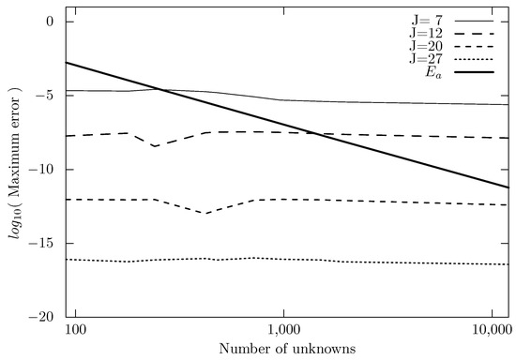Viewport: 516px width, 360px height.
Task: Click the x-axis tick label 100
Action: pyautogui.click(x=76, y=332)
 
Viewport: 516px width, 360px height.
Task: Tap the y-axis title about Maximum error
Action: pyautogui.click(x=12, y=169)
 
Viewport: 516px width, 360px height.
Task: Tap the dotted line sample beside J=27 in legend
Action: pyautogui.click(x=479, y=58)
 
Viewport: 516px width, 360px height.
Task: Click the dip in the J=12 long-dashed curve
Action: pyautogui.click(x=154, y=146)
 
